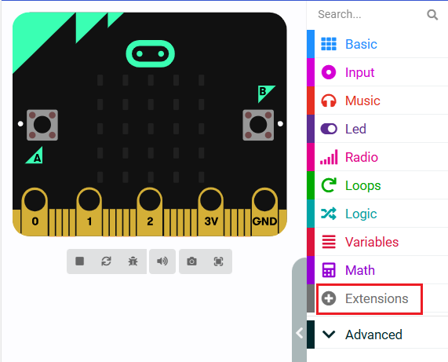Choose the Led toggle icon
pyautogui.click(x=329, y=129)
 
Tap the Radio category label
pyautogui.click(x=362, y=157)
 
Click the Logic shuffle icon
pyautogui.click(x=329, y=214)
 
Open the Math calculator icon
pyautogui.click(x=329, y=270)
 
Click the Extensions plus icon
pyautogui.click(x=329, y=298)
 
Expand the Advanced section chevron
pyautogui.click(x=329, y=335)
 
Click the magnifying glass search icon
pyautogui.click(x=432, y=15)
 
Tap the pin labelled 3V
pyautogui.click(x=211, y=212)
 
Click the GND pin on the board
pyautogui.click(x=264, y=212)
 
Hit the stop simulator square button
pyautogui.click(x=79, y=261)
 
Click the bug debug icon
pyautogui.click(x=133, y=261)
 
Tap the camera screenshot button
pyautogui.click(x=191, y=261)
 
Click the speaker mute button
pyautogui.click(x=162, y=261)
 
